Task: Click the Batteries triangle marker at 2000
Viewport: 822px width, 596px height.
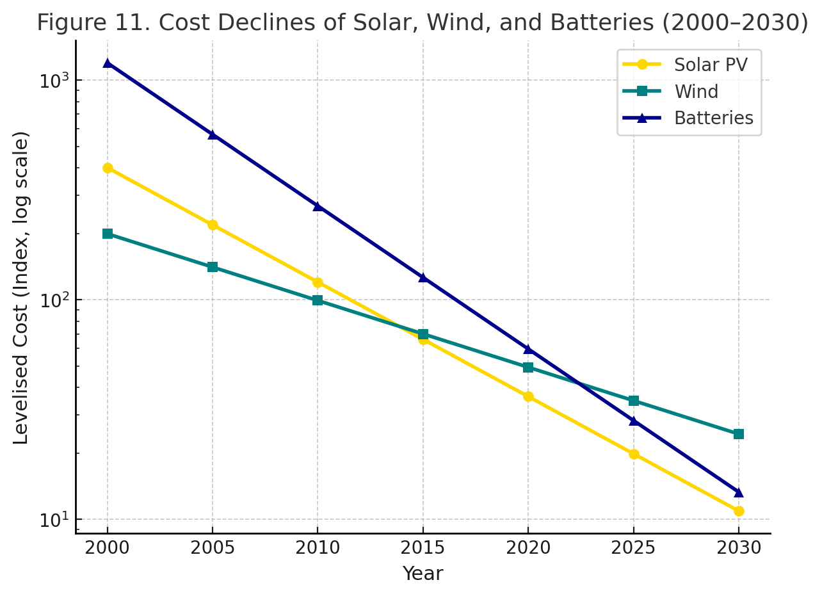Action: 108,63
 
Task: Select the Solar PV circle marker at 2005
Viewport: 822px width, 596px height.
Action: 213,225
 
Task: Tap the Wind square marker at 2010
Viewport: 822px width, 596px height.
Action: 318,300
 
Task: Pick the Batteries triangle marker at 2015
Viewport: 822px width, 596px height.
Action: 423,277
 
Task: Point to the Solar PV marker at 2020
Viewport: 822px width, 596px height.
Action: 528,396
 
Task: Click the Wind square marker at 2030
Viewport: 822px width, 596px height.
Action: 739,434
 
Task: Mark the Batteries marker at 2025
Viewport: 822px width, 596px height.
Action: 634,421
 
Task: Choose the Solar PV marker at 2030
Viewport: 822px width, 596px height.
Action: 739,511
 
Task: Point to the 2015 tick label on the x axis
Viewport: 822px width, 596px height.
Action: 423,549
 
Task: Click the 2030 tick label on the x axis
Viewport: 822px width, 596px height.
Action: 739,549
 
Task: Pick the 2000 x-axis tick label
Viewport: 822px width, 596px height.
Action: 108,549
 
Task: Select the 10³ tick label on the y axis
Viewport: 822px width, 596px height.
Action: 53,80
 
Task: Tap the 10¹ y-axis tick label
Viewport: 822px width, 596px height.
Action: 53,519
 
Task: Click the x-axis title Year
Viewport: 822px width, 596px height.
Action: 423,574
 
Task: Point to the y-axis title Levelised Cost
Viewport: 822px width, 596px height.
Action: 22,287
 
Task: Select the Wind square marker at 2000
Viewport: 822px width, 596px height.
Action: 108,234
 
